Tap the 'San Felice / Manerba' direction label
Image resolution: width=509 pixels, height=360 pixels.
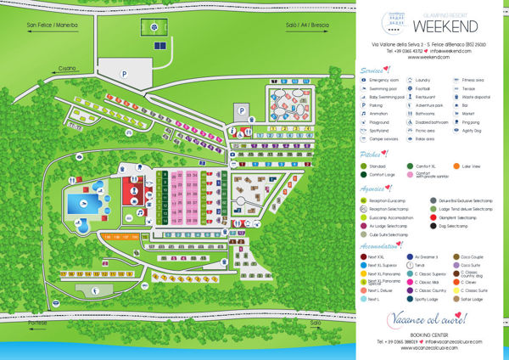click(x=48, y=25)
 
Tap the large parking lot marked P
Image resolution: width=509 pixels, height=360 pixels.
click(x=126, y=73)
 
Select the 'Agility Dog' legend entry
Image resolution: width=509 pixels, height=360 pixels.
click(x=478, y=131)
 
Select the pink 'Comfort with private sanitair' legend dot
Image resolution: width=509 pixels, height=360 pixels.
click(x=410, y=177)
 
